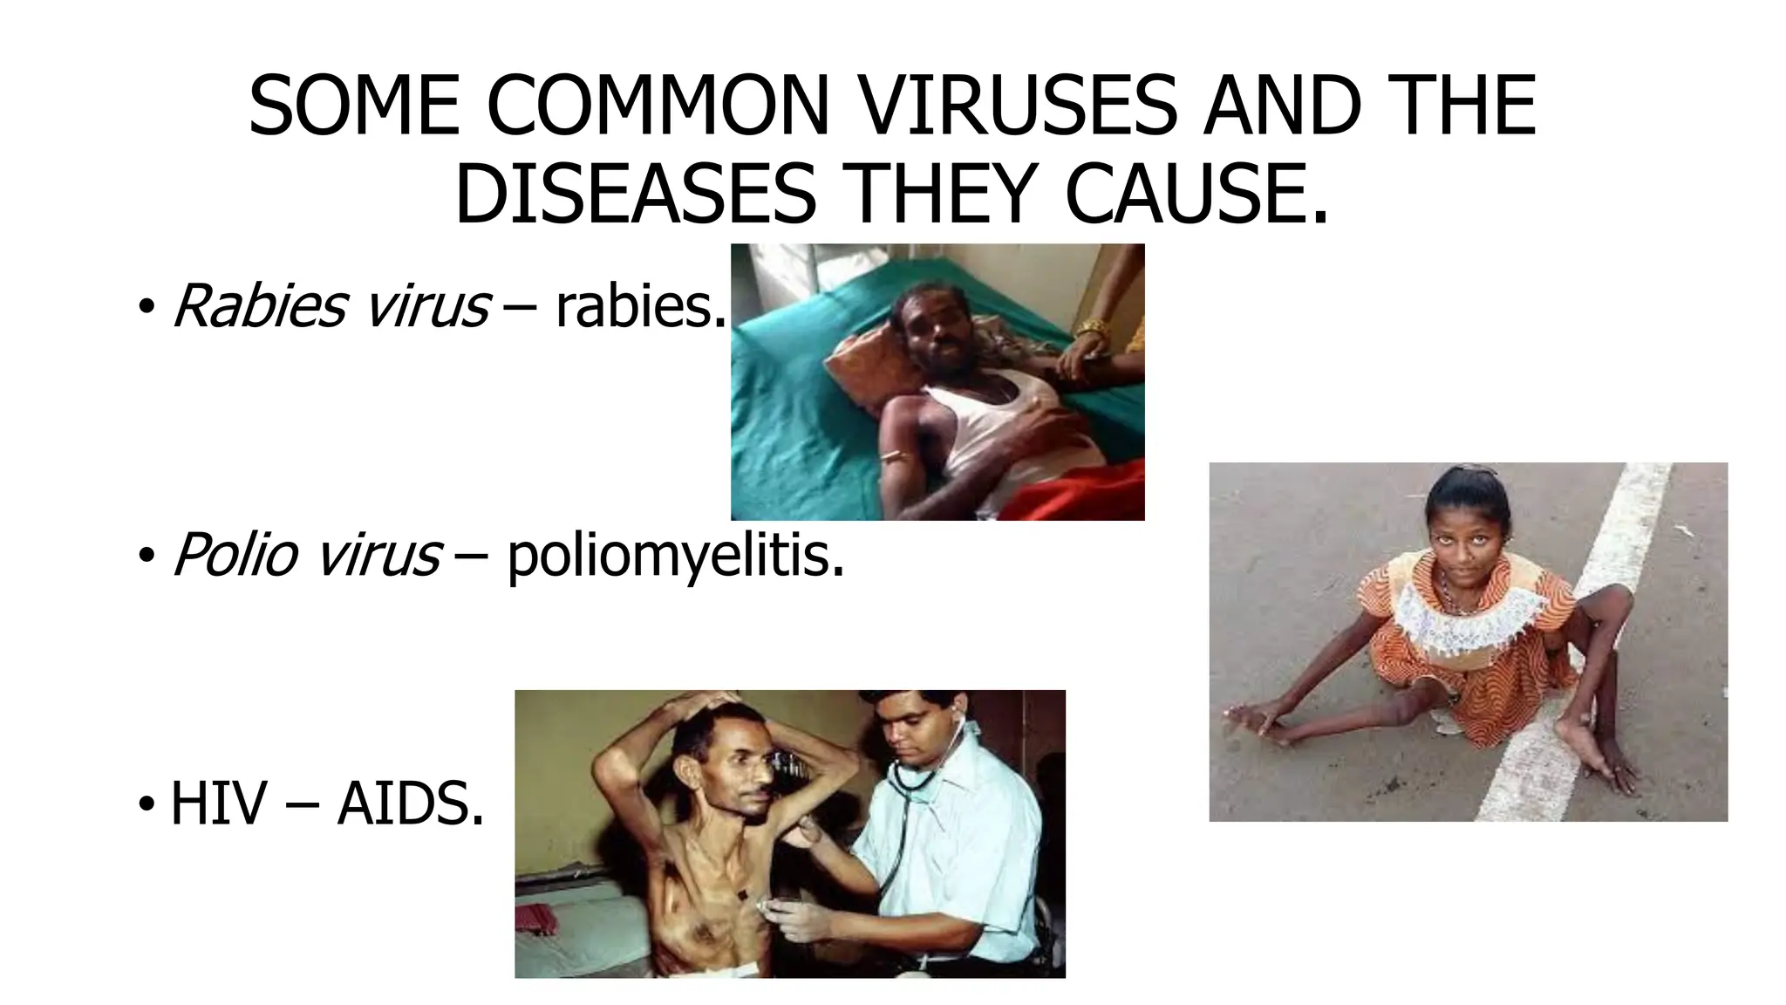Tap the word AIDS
[x=410, y=803]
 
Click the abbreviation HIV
[x=217, y=803]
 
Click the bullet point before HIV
[x=146, y=804]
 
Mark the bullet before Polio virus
[x=146, y=556]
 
